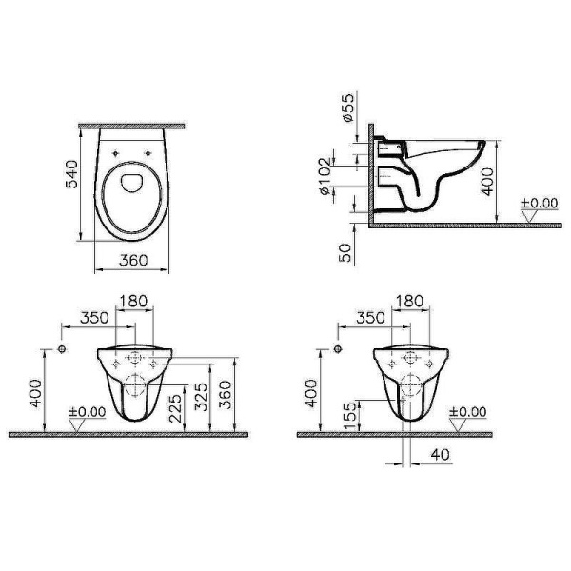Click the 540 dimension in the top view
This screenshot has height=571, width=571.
[71, 174]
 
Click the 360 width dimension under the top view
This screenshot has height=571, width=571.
[133, 260]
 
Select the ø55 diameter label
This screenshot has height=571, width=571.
[347, 108]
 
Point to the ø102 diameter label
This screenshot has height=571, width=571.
[325, 177]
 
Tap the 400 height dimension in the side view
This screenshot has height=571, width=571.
[488, 182]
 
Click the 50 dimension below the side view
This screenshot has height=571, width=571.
[345, 252]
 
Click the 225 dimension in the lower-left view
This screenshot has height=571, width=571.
[177, 408]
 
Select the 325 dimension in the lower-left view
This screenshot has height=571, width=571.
[202, 396]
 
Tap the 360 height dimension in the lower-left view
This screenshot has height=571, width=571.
[226, 395]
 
